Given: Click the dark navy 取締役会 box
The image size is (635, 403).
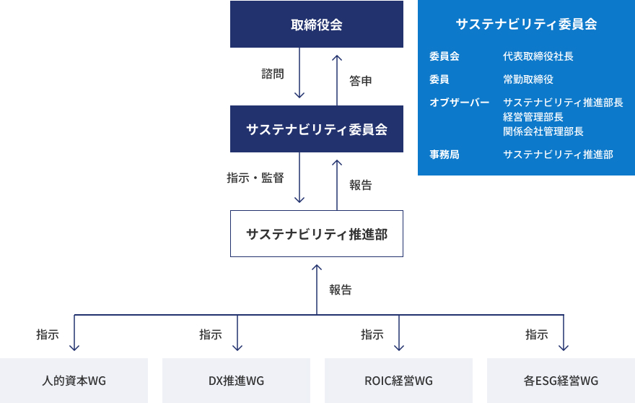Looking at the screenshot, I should [x=316, y=25].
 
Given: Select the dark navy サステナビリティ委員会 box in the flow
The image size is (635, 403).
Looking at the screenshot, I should [x=316, y=129].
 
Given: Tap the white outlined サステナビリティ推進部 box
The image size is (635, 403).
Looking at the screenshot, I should [x=316, y=234].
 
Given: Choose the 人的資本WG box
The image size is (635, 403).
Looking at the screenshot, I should [x=74, y=381].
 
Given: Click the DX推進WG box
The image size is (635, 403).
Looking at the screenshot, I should [x=236, y=381].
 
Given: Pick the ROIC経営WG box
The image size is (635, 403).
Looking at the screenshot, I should [x=398, y=381].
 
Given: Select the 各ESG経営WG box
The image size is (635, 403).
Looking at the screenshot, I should [x=561, y=381].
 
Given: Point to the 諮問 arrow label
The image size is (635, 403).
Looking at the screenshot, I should [x=272, y=74].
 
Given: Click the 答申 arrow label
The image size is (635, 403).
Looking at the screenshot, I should [x=360, y=81].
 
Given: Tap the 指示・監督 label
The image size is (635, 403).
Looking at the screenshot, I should [x=255, y=178].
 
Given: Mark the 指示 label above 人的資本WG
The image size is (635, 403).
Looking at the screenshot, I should [x=48, y=334].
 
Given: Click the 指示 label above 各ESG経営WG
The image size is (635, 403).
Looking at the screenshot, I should [x=536, y=334].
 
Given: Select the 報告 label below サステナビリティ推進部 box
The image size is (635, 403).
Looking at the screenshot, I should [x=341, y=290].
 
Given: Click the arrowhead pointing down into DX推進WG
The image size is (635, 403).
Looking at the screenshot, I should [x=237, y=347].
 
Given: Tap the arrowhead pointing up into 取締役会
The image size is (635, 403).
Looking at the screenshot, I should [x=337, y=58].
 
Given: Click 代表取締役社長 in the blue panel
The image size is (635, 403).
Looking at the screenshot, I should [x=538, y=56].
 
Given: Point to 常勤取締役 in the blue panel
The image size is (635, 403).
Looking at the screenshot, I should [x=528, y=79].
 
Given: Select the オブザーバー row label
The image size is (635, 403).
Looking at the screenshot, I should [x=459, y=103].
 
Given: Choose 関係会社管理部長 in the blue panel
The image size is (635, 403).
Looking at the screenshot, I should [x=543, y=131].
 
